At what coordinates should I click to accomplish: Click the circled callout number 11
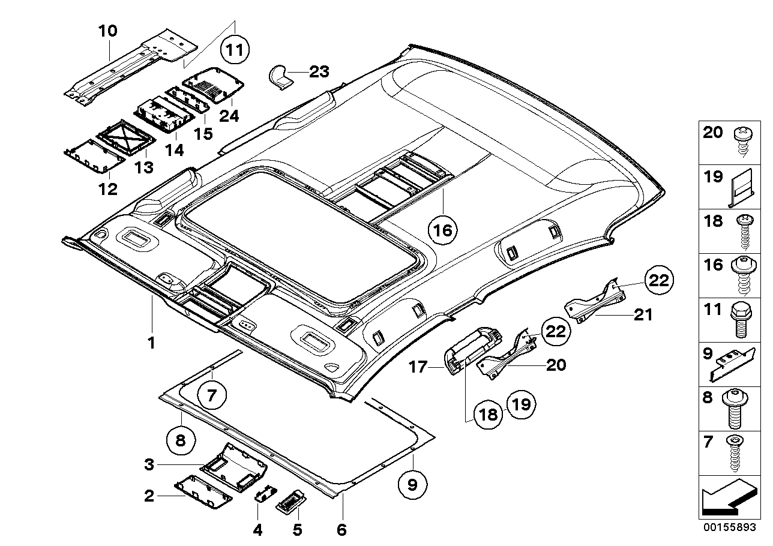click(236, 50)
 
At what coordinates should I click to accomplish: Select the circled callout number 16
click(443, 229)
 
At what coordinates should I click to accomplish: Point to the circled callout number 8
click(181, 442)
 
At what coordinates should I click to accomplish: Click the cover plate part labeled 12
click(94, 155)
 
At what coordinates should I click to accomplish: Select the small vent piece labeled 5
click(292, 499)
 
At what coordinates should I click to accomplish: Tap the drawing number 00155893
click(730, 530)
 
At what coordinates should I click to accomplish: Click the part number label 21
click(643, 314)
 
